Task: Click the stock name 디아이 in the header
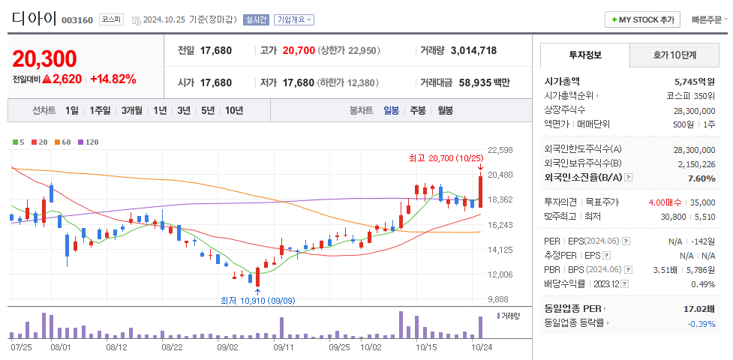tap(34, 18)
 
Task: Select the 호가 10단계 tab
tap(674, 55)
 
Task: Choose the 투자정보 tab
tap(584, 55)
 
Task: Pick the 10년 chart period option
tap(233, 110)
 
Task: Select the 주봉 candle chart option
tap(418, 110)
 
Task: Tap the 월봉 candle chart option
tap(445, 110)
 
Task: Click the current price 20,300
tap(45, 58)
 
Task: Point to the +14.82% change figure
tap(113, 79)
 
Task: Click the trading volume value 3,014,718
tap(473, 50)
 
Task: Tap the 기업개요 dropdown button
tap(293, 19)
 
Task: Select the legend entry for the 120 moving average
tap(88, 142)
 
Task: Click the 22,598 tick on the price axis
tap(500, 150)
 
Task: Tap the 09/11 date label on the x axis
tap(283, 347)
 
